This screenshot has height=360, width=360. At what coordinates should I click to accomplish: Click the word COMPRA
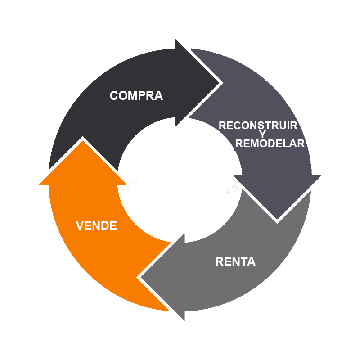click(136, 96)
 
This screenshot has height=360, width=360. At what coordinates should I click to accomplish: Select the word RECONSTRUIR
click(258, 126)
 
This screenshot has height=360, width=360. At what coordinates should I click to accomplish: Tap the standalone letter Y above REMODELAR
click(262, 135)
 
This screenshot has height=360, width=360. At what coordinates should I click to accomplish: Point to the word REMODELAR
click(270, 144)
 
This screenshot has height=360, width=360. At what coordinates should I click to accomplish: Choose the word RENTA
click(235, 261)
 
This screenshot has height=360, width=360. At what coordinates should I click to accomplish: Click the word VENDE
click(96, 225)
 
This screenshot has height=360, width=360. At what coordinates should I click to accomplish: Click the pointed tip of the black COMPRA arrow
click(219, 83)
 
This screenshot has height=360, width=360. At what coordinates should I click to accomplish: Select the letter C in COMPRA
click(114, 96)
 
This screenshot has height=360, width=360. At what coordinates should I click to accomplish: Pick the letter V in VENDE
click(80, 225)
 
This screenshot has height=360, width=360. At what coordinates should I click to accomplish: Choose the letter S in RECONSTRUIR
click(265, 126)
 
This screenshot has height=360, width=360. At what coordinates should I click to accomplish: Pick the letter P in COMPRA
click(141, 96)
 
